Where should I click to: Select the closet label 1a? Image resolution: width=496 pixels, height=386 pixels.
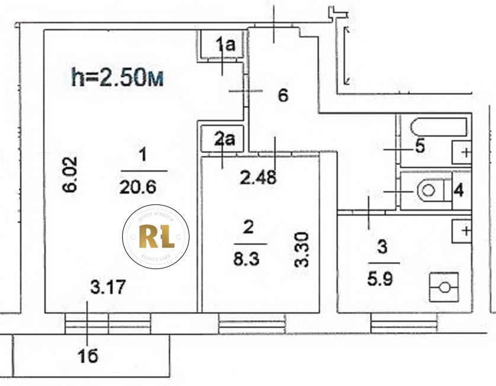click(x=225, y=43)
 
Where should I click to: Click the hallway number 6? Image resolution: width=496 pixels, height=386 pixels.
click(x=283, y=95)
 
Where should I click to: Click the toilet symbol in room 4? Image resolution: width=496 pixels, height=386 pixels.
click(x=430, y=191)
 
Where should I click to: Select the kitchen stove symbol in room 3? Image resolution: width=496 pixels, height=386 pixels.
click(x=444, y=288)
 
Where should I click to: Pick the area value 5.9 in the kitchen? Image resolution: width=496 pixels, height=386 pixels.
click(x=382, y=277)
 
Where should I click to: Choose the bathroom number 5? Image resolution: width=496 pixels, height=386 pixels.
click(x=420, y=147)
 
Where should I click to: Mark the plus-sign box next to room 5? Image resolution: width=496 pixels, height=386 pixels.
click(x=463, y=152)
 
